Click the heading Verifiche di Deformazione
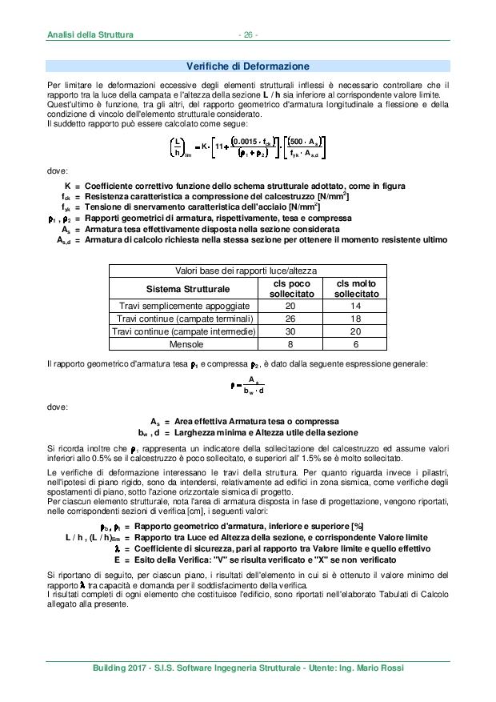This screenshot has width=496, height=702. pyautogui.click(x=247, y=66)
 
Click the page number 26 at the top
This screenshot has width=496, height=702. pyautogui.click(x=247, y=34)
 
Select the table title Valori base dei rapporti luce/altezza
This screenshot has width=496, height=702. pyautogui.click(x=247, y=272)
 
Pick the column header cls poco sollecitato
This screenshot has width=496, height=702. pyautogui.click(x=290, y=289)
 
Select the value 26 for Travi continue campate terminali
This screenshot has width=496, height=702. pyautogui.click(x=290, y=319)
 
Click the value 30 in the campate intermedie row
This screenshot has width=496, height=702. pyautogui.click(x=290, y=331)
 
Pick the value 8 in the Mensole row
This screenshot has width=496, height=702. pyautogui.click(x=290, y=344)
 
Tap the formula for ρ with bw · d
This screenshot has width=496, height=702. pyautogui.click(x=247, y=384)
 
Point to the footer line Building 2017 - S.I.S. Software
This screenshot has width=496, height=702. pyautogui.click(x=247, y=668)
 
